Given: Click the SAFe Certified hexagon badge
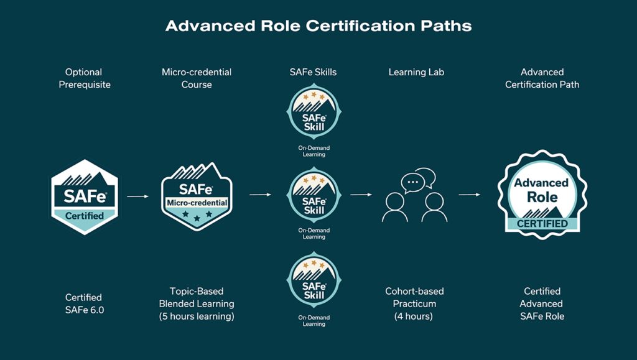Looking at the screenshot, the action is (x=85, y=197).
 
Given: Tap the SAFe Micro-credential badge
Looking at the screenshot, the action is (x=197, y=197).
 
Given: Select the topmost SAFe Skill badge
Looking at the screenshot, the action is (x=314, y=112).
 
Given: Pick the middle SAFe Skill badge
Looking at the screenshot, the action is (x=314, y=195).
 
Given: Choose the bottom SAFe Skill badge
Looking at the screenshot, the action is (x=314, y=280).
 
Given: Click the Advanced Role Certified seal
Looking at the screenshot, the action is (x=542, y=195).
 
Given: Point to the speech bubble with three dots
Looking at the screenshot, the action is (x=413, y=183).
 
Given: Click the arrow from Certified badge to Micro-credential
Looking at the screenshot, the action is (x=137, y=196).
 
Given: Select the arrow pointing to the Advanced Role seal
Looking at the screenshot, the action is (x=470, y=195).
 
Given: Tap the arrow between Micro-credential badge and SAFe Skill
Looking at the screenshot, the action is (x=261, y=195).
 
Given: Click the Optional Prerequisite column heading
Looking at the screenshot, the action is (x=85, y=78).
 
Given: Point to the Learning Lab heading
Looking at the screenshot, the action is (x=416, y=72).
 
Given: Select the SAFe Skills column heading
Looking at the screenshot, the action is (x=314, y=72).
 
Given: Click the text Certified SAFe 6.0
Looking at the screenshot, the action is (x=85, y=303).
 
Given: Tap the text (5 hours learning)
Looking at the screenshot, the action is (x=197, y=316).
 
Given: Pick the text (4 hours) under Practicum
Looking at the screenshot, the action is (x=414, y=316).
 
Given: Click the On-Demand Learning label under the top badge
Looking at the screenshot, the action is (x=314, y=151).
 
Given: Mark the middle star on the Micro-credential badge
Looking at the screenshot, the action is (x=197, y=218).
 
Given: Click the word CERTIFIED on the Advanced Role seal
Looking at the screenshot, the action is (x=542, y=224).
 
